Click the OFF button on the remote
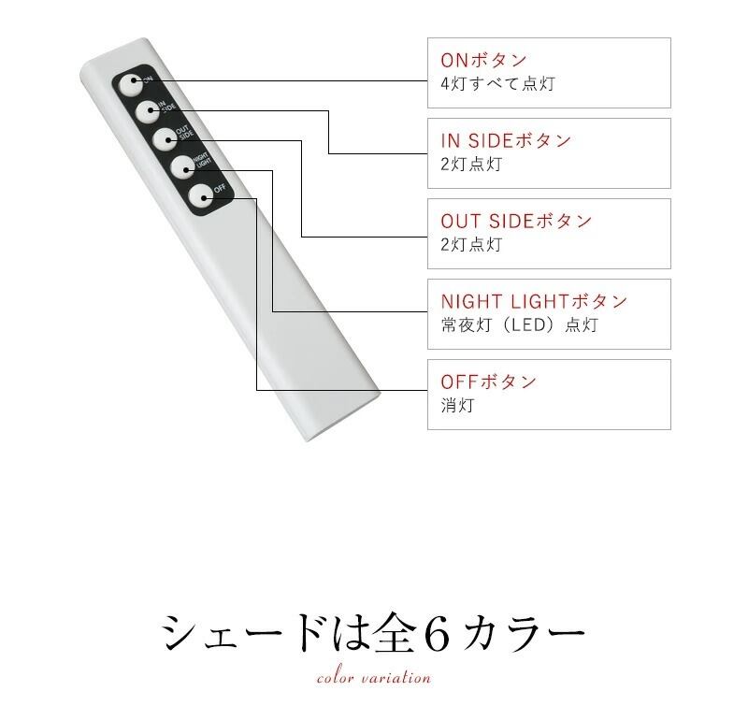coord(200,195)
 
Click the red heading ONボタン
coord(483,61)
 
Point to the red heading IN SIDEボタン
coord(505,141)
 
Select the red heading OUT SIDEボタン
coord(516,222)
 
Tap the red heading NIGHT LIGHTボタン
coord(534,302)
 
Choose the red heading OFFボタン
coord(488,382)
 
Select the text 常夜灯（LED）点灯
coord(519,325)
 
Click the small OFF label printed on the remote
coord(220,188)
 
